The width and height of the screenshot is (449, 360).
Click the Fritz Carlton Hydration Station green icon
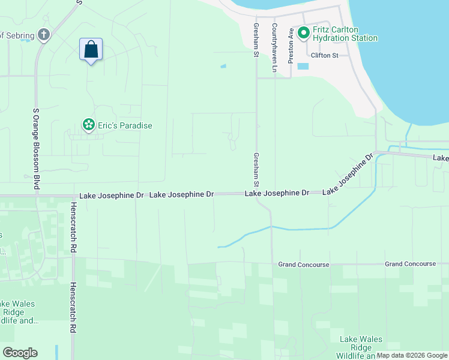pyautogui.click(x=304, y=32)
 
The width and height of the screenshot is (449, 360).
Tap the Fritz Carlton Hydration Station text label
pyautogui.click(x=345, y=34)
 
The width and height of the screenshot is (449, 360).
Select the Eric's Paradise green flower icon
pyautogui.click(x=88, y=125)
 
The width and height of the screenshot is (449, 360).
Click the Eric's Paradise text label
pyautogui.click(x=125, y=125)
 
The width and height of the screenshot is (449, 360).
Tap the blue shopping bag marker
pyautogui.click(x=91, y=50)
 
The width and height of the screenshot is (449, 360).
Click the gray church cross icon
pyautogui.click(x=43, y=34)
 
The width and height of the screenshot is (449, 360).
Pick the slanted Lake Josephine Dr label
pyautogui.click(x=349, y=175)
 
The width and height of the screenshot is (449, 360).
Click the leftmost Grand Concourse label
pyautogui.click(x=303, y=265)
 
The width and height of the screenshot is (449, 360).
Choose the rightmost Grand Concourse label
pyautogui.click(x=411, y=264)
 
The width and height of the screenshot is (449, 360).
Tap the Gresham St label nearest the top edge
pyautogui.click(x=256, y=41)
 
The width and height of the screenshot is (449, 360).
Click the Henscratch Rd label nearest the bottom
pyautogui.click(x=73, y=308)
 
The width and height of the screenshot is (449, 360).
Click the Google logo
pyautogui.click(x=20, y=353)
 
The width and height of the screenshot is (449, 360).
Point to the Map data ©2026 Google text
pyautogui.click(x=412, y=356)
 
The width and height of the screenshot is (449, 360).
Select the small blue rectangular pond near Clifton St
pyautogui.click(x=303, y=66)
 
